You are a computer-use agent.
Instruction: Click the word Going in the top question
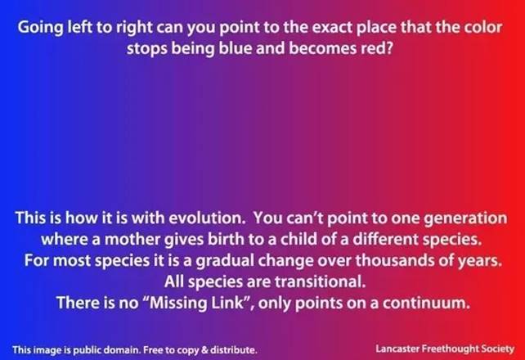[41, 28]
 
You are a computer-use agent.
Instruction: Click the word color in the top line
[482, 27]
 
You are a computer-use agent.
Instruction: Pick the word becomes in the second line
[321, 48]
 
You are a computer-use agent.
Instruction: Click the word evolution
[207, 218]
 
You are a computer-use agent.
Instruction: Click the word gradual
[225, 261]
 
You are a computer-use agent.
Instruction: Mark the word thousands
[394, 260]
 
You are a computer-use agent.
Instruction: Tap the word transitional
[320, 281]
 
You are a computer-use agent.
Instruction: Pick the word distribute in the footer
[233, 350]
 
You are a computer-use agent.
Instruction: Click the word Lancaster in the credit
[397, 349]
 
